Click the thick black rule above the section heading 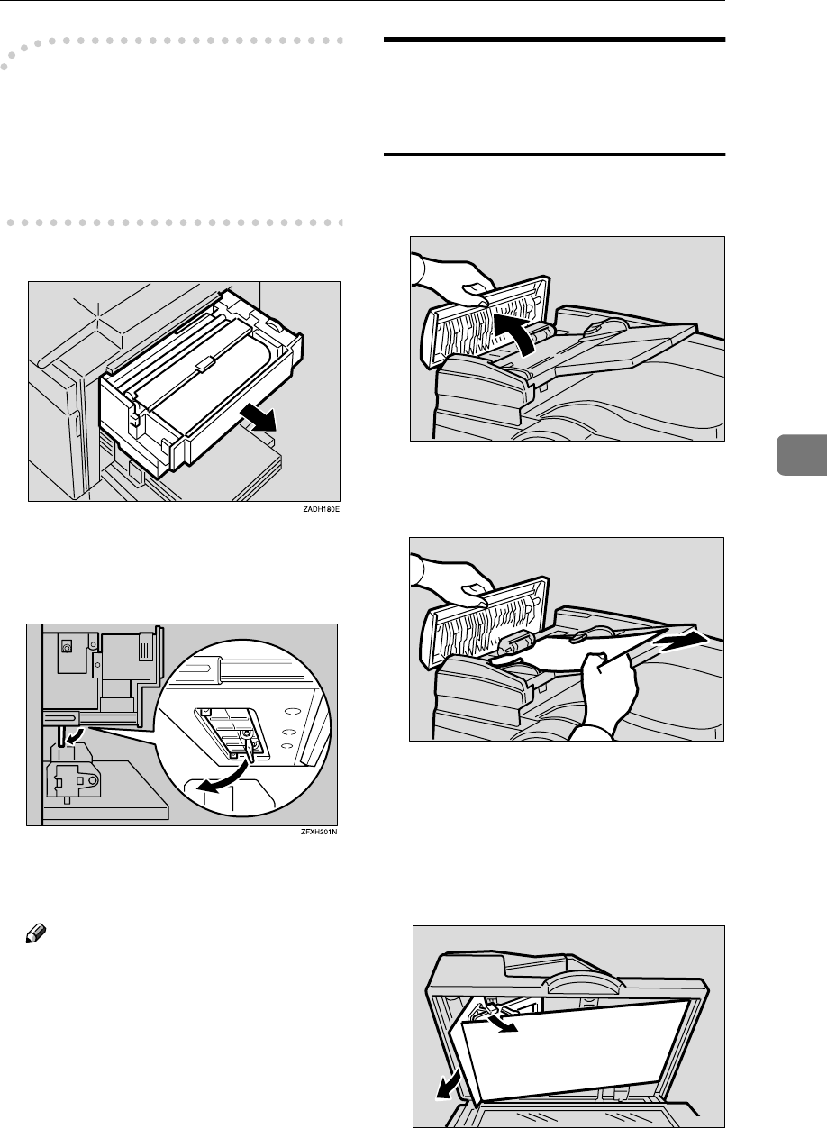tap(554, 40)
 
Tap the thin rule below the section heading tap(554, 155)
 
